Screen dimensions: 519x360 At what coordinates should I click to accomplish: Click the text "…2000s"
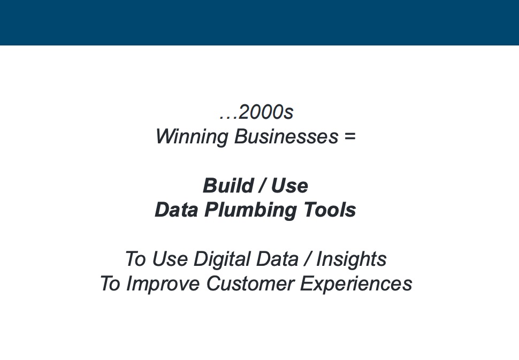(256, 112)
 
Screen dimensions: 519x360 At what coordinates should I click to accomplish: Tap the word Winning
(192, 136)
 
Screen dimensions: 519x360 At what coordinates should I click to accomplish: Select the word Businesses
(286, 136)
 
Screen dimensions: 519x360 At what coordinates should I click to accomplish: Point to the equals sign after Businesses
(350, 136)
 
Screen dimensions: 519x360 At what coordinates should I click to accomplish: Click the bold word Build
(228, 185)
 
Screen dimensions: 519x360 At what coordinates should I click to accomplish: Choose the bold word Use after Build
(289, 186)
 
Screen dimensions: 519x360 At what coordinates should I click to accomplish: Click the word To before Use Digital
(136, 259)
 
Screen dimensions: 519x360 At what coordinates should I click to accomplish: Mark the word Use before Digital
(170, 259)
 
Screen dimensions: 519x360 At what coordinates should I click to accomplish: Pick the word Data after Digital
(277, 259)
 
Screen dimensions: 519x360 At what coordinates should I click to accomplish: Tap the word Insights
(352, 259)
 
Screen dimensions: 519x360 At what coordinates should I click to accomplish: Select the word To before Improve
(110, 284)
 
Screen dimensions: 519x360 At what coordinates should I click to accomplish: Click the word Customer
(250, 284)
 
